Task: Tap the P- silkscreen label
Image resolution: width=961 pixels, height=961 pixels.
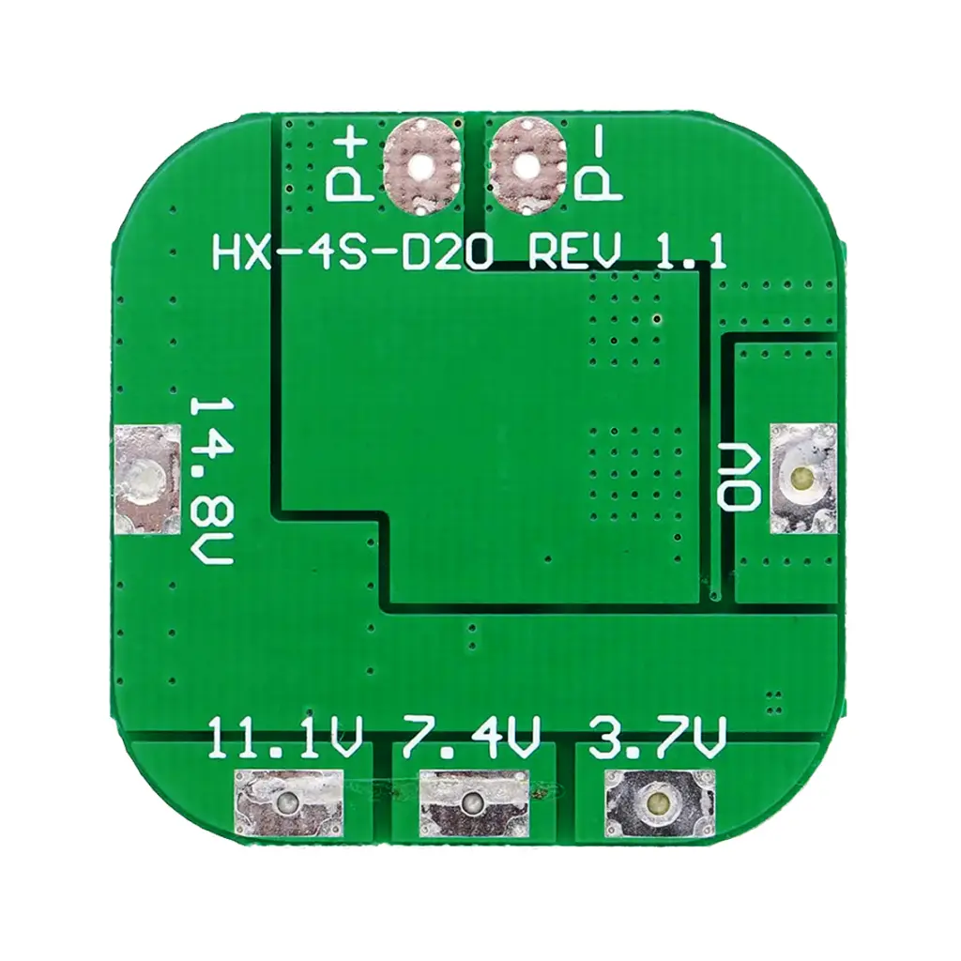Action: point(598,167)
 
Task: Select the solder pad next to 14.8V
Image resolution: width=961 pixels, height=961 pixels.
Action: point(147,480)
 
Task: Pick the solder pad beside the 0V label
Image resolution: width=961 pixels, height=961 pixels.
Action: point(803,477)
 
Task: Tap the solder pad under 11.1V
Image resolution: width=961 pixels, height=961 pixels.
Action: point(288,801)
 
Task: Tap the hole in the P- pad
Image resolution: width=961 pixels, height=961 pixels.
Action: point(526,164)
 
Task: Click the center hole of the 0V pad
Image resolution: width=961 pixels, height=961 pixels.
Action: point(802,476)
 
